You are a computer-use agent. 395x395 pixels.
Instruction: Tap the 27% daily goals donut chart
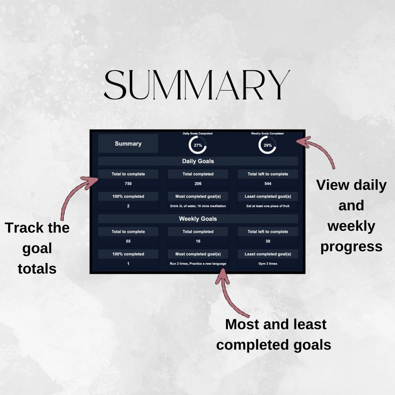(197, 145)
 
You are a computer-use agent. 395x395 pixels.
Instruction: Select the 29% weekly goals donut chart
(267, 145)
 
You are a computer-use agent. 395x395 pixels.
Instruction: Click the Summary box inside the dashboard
(128, 143)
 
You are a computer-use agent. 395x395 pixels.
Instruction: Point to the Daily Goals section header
(198, 161)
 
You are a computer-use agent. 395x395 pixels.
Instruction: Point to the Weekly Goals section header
(198, 219)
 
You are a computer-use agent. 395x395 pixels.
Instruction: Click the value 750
(128, 184)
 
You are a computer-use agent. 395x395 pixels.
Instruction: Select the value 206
(198, 184)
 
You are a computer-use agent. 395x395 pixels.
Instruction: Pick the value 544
(268, 184)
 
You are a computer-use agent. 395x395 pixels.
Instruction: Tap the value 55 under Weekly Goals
(128, 241)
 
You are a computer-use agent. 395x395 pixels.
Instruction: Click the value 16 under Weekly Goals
(198, 241)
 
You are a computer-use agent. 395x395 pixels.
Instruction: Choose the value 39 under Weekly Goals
(268, 241)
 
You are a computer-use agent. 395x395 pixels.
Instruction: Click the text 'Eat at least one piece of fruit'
(268, 206)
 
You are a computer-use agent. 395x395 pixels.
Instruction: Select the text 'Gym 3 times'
(268, 264)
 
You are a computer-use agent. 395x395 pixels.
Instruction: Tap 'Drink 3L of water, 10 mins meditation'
(198, 206)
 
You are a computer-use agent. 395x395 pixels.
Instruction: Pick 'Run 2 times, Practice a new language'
(198, 264)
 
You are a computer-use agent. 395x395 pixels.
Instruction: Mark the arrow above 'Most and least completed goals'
(230, 293)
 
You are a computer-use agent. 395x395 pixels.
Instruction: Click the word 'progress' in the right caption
(351, 247)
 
